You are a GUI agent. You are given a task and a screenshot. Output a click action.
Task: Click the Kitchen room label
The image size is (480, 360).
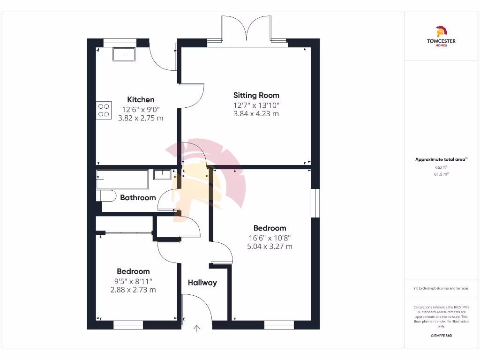click(x=141, y=99)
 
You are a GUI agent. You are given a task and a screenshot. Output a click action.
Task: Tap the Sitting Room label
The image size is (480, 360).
click(x=256, y=95)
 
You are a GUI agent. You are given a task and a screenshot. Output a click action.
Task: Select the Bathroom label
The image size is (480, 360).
click(x=138, y=197)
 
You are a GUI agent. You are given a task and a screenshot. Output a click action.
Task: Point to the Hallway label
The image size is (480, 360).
click(x=202, y=283)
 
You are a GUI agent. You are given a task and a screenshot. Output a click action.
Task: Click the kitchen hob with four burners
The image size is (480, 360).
click(x=104, y=110)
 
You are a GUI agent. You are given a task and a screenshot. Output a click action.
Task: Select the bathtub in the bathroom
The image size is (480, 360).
click(x=122, y=179)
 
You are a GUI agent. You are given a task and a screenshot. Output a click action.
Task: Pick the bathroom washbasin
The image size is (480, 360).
click(x=163, y=174)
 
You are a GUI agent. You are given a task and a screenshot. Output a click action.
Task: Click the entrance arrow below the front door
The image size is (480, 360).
click(x=197, y=329)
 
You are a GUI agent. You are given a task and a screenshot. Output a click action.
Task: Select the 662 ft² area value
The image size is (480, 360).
click(x=441, y=167)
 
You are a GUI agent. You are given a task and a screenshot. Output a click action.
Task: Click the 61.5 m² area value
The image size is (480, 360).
click(x=441, y=174)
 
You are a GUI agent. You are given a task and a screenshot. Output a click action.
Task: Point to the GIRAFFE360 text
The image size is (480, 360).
click(x=441, y=336)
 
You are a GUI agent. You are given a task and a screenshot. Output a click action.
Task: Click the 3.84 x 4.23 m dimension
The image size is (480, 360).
click(x=256, y=113)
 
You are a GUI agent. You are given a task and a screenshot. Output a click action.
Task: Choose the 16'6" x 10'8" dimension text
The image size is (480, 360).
click(x=270, y=238)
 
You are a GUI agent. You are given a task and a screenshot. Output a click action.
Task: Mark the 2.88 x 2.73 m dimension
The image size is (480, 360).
click(x=133, y=290)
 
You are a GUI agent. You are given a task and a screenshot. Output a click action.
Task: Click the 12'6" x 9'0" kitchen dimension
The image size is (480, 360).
click(x=141, y=109)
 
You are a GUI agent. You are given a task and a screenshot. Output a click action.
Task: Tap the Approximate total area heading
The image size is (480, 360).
click(x=441, y=159)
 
